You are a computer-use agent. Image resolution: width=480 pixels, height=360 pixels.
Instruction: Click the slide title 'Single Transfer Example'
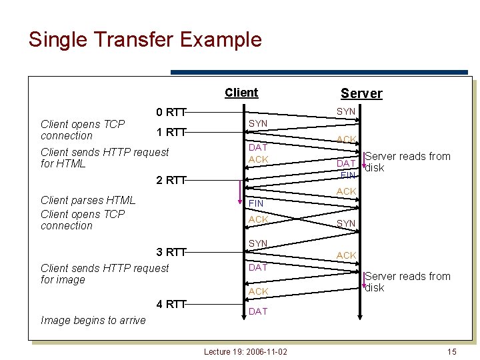pyautogui.click(x=145, y=39)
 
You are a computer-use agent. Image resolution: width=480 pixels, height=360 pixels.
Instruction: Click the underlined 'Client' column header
pyautogui.click(x=241, y=93)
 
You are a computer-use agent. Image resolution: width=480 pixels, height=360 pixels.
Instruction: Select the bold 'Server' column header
pyautogui.click(x=361, y=93)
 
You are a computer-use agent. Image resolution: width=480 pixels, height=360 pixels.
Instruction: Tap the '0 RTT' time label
pyautogui.click(x=170, y=112)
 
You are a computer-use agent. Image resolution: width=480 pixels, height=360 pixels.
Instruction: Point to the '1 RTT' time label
pyautogui.click(x=170, y=132)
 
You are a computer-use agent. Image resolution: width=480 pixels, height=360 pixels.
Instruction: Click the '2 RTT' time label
pyautogui.click(x=170, y=179)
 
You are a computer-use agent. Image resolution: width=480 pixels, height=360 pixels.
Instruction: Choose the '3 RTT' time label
pyautogui.click(x=170, y=252)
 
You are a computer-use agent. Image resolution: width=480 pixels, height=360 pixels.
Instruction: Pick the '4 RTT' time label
pyautogui.click(x=170, y=305)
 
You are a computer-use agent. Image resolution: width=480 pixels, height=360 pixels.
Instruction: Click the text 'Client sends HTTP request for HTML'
pyautogui.click(x=105, y=157)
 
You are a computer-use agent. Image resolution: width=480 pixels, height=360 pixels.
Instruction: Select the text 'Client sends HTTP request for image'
pyautogui.click(x=105, y=273)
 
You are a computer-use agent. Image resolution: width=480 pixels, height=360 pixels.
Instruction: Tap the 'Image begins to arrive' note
pyautogui.click(x=93, y=320)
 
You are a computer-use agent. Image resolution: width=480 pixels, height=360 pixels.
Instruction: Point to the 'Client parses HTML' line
pyautogui.click(x=87, y=200)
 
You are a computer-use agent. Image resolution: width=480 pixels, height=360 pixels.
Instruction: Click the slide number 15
pyautogui.click(x=451, y=351)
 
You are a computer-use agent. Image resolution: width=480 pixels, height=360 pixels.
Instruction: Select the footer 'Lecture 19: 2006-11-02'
pyautogui.click(x=245, y=351)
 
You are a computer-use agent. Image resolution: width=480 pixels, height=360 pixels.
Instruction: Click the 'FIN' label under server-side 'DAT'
pyautogui.click(x=347, y=175)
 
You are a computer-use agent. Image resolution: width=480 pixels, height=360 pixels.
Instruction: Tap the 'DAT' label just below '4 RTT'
pyautogui.click(x=257, y=311)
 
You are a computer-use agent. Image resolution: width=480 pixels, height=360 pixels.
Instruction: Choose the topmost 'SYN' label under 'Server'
pyautogui.click(x=345, y=112)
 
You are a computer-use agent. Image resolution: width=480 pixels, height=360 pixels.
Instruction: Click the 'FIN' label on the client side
pyautogui.click(x=255, y=203)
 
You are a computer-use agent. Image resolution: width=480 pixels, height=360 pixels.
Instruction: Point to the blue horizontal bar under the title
pyautogui.click(x=319, y=72)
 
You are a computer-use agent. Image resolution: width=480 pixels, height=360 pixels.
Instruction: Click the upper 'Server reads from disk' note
pyautogui.click(x=407, y=162)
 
